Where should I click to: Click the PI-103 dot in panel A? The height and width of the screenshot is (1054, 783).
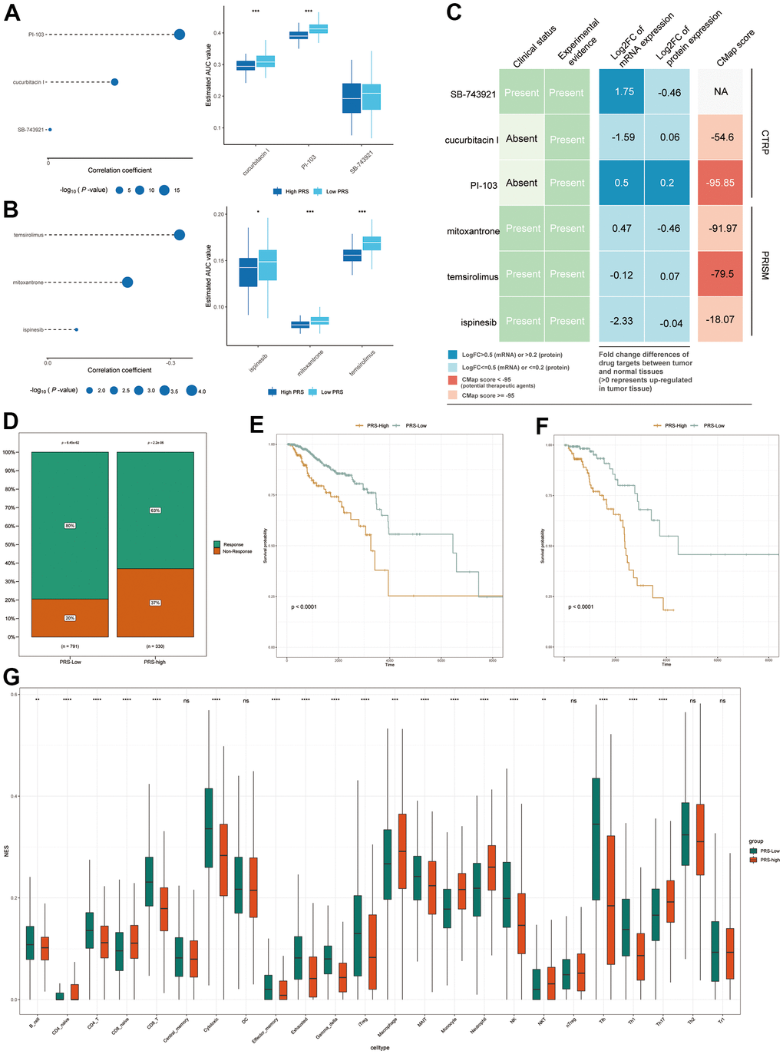point(180,35)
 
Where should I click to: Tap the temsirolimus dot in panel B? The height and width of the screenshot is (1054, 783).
point(180,235)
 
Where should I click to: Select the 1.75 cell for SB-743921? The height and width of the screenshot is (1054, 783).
point(624,91)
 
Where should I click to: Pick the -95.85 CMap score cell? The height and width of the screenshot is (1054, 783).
point(721,183)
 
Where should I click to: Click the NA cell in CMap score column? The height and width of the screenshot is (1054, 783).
point(721,91)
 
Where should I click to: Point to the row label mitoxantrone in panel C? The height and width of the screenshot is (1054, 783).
point(473,230)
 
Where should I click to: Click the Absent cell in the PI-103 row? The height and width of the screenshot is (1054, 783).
point(522,183)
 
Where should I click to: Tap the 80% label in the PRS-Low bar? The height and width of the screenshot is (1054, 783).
point(70,526)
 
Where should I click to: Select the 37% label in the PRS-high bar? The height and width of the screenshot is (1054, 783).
point(155,603)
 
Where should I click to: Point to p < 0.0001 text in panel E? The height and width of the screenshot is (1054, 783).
point(304,606)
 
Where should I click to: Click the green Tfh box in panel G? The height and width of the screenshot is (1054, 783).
point(596,838)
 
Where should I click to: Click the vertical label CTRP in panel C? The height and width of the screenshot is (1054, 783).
point(765,142)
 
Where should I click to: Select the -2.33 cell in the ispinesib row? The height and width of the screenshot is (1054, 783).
point(622,321)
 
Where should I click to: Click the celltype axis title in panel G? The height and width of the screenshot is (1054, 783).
point(379,1047)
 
